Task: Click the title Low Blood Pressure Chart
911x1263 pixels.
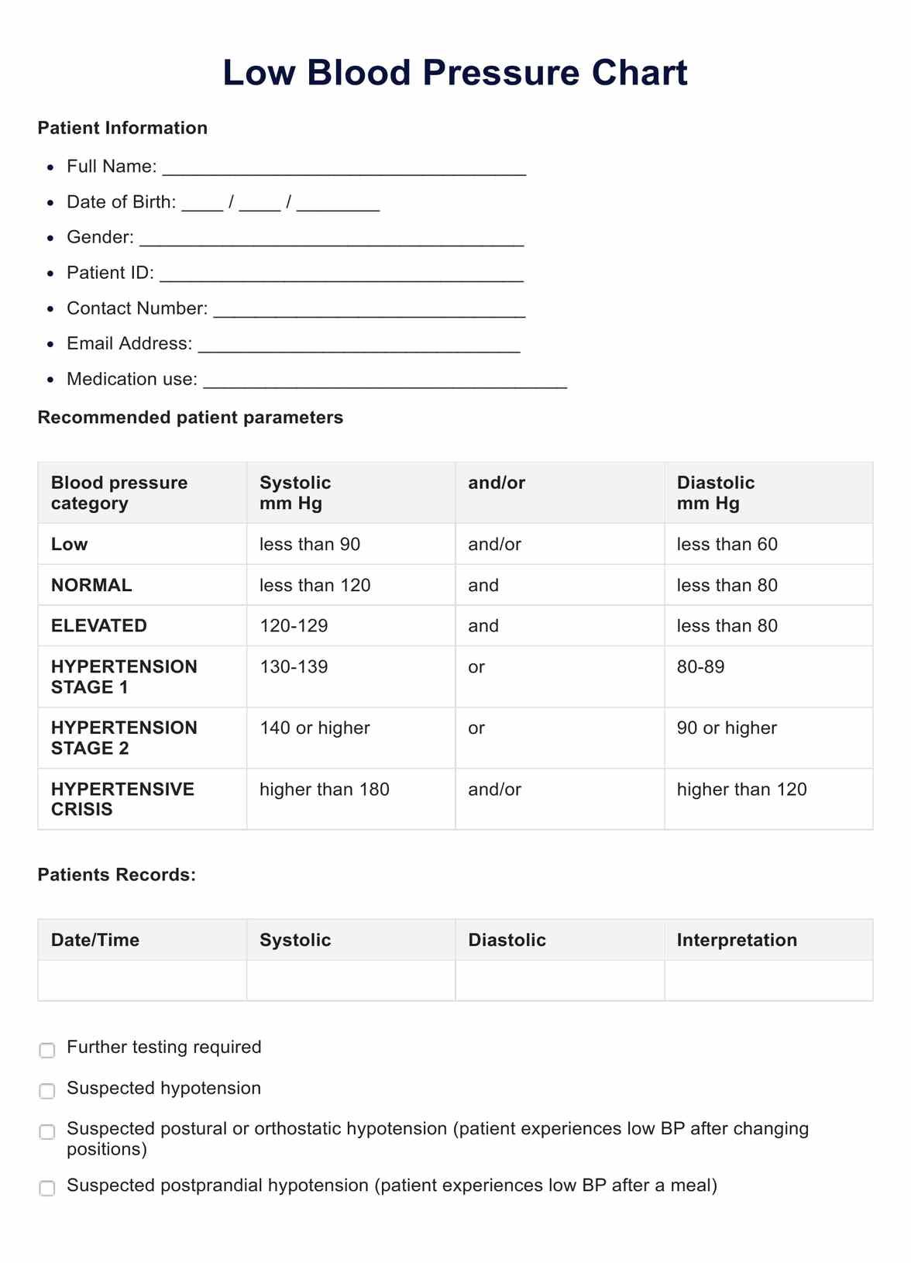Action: (x=455, y=73)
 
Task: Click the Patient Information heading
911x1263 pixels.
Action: (x=122, y=128)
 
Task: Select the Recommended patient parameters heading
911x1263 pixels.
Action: (x=190, y=418)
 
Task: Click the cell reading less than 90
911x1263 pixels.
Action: (x=310, y=544)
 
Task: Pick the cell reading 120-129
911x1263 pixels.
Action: (x=294, y=625)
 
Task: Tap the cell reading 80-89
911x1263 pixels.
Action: (x=700, y=666)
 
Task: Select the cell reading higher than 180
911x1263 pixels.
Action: (x=324, y=790)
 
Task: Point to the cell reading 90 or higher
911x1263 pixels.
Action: (x=727, y=728)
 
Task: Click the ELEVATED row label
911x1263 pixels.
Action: (x=99, y=625)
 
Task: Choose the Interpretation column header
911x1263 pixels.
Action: (x=737, y=940)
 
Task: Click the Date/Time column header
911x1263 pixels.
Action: (x=95, y=940)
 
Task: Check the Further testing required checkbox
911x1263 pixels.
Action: (x=47, y=1051)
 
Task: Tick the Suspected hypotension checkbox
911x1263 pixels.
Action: (x=47, y=1091)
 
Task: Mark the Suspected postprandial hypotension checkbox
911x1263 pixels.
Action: (x=47, y=1189)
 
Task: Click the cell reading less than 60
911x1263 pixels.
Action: (x=727, y=544)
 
